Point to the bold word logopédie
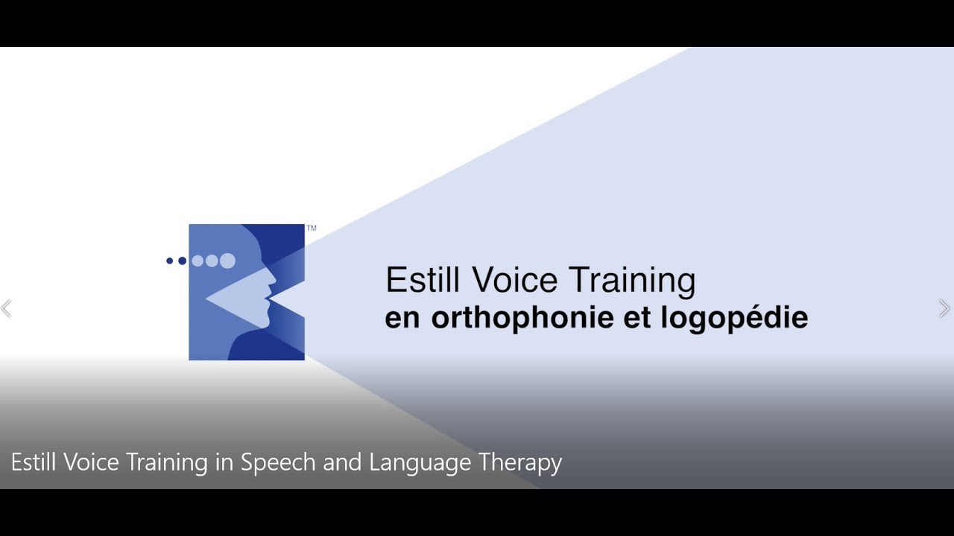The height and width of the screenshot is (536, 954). click(734, 319)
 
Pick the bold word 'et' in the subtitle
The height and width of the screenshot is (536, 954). click(636, 319)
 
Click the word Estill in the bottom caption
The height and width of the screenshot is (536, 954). click(34, 462)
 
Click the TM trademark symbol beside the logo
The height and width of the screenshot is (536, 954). click(312, 229)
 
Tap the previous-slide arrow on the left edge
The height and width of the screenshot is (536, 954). click(7, 308)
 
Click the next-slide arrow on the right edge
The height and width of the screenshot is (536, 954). click(944, 308)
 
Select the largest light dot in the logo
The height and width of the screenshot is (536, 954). click(227, 261)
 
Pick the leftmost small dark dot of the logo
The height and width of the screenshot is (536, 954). click(170, 261)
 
